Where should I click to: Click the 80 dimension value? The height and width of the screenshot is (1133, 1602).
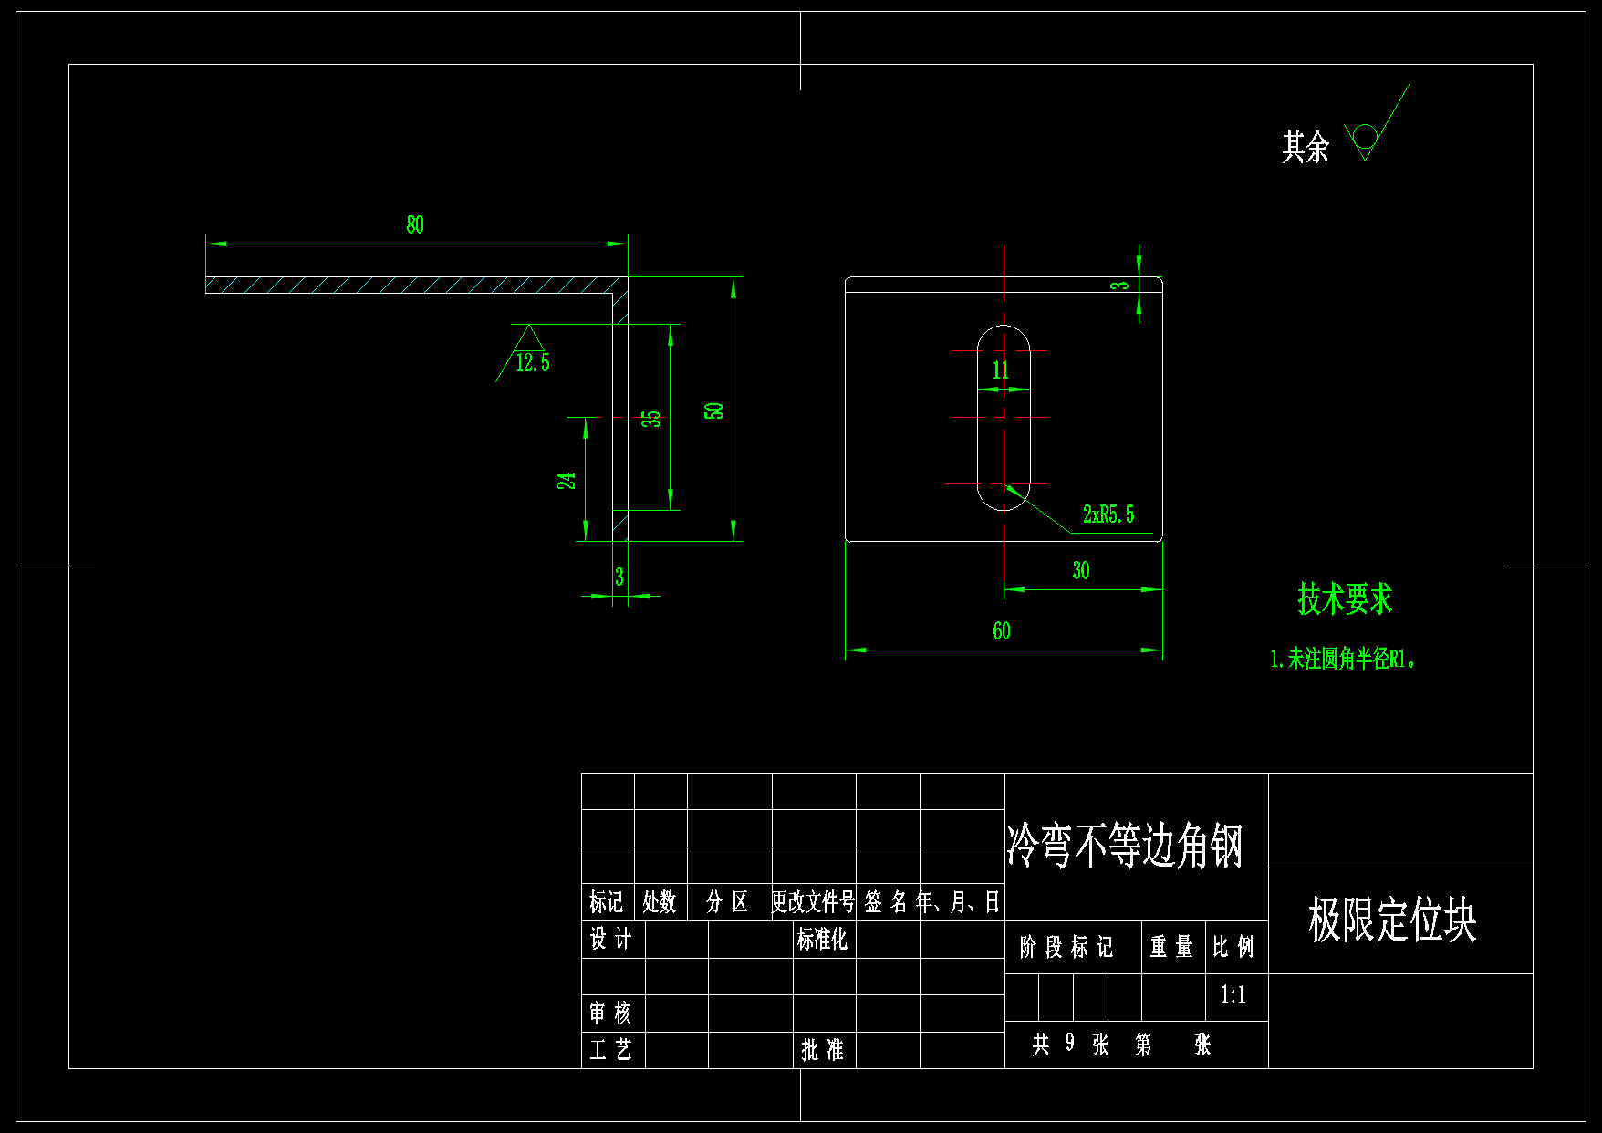(x=415, y=225)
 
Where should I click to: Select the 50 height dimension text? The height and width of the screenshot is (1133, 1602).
(x=714, y=411)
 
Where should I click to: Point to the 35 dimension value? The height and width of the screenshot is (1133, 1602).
(x=650, y=419)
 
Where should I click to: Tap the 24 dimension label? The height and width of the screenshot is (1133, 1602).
(x=567, y=481)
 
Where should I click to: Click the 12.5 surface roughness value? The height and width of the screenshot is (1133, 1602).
(x=533, y=363)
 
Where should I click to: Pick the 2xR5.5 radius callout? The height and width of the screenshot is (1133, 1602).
(x=1108, y=515)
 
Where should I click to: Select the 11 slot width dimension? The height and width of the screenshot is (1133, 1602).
(x=1001, y=370)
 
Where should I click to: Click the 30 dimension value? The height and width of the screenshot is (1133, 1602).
(x=1081, y=571)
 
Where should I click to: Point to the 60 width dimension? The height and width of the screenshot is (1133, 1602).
(x=1002, y=631)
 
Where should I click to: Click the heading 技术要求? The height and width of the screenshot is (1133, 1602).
(x=1345, y=599)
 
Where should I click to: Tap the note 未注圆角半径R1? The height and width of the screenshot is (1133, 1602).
(x=1343, y=659)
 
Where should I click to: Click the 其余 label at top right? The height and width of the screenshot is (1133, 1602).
(x=1306, y=147)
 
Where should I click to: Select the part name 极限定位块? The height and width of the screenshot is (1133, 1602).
(x=1391, y=920)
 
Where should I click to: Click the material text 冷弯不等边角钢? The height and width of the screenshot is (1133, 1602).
(x=1125, y=846)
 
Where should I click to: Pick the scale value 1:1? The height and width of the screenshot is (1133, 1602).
(x=1233, y=995)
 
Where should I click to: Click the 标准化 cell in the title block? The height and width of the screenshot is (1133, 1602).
(x=822, y=940)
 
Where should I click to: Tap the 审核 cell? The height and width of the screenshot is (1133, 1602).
(x=610, y=1013)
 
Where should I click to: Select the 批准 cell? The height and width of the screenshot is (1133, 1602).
(x=822, y=1050)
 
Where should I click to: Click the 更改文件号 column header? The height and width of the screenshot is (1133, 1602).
(x=813, y=902)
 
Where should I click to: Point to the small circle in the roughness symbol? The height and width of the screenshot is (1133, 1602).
(x=1365, y=136)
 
